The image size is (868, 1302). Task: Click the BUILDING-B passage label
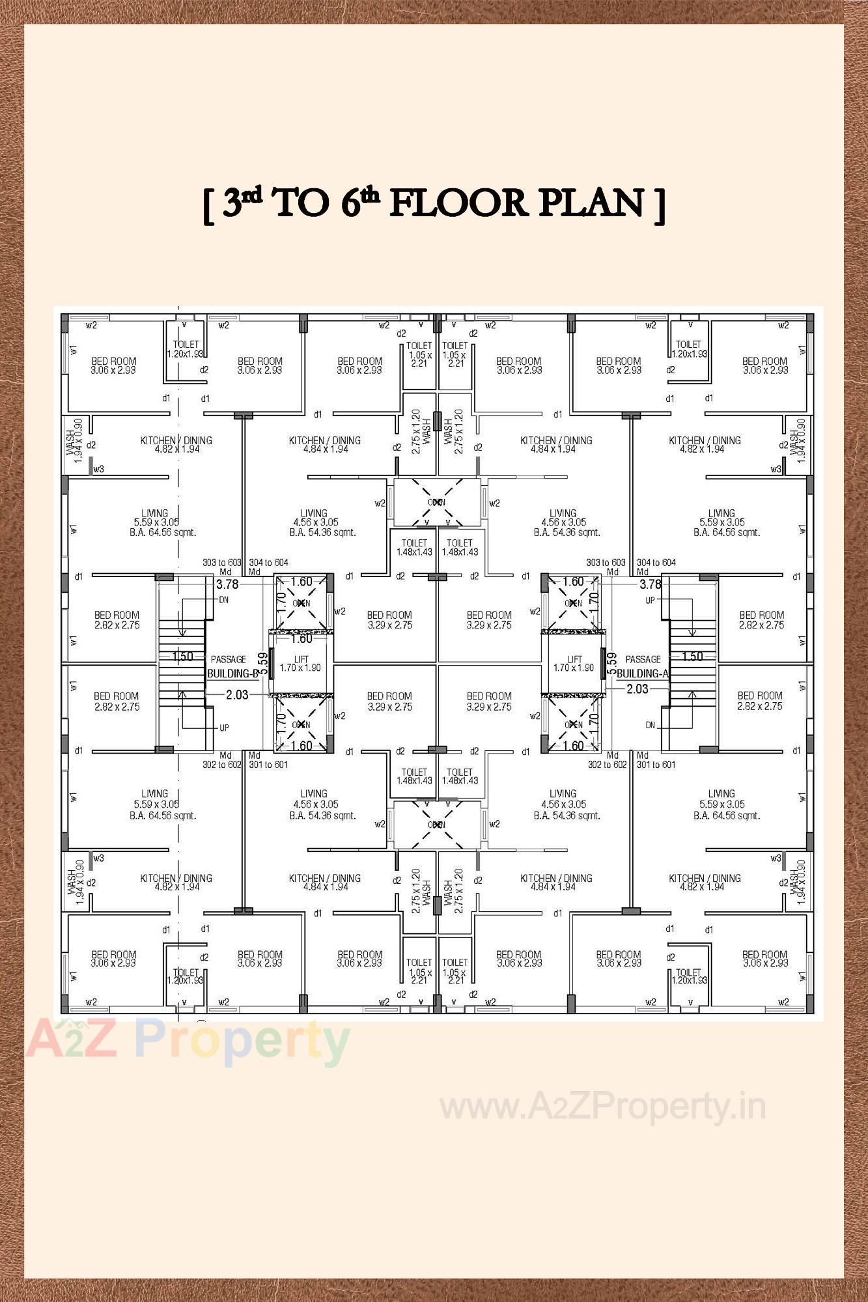(x=232, y=673)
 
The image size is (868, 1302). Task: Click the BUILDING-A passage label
(x=642, y=673)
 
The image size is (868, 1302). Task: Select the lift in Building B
(x=300, y=663)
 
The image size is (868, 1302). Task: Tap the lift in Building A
(x=574, y=663)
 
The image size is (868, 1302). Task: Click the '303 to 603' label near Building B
(x=222, y=562)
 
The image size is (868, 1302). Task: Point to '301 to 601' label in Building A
(x=656, y=765)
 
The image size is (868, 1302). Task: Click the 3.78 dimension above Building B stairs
(x=227, y=584)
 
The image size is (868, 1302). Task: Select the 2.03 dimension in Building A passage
(x=637, y=688)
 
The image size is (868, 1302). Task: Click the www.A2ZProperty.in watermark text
(x=602, y=1107)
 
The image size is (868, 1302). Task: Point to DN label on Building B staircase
(x=223, y=600)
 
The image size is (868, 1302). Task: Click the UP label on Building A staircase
(x=650, y=600)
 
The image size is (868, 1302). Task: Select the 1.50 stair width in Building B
(x=182, y=657)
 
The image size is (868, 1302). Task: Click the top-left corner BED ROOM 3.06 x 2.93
(x=114, y=365)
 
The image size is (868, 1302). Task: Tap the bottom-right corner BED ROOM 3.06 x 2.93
(x=765, y=959)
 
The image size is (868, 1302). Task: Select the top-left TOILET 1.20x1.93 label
(x=186, y=348)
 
